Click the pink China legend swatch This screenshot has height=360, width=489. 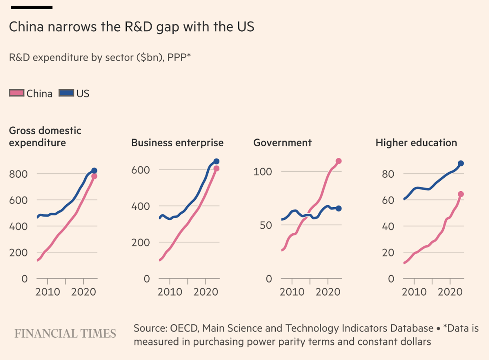tap(16, 93)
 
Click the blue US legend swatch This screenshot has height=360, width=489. tap(66, 93)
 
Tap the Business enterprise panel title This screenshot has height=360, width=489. tap(177, 142)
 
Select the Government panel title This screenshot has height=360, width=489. tap(282, 142)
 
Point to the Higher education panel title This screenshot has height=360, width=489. tap(416, 142)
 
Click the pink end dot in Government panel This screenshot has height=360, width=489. tap(338, 161)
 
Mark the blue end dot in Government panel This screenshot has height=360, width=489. tap(338, 208)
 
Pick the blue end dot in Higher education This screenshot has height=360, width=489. tap(461, 163)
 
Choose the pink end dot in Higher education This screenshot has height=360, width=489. tap(461, 194)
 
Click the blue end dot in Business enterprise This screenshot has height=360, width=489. tap(216, 161)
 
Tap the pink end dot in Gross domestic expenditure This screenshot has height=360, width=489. tap(94, 176)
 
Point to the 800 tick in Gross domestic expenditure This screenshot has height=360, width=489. tap(19, 174)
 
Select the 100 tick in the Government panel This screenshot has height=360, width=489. tap(262, 172)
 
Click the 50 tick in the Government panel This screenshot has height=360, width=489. tap(266, 225)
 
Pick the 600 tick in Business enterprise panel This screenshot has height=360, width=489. tap(140, 170)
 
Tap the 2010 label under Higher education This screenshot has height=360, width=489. tap(414, 292)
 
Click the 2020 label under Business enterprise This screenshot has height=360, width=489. tap(206, 292)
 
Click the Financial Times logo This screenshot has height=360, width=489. tap(65, 334)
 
